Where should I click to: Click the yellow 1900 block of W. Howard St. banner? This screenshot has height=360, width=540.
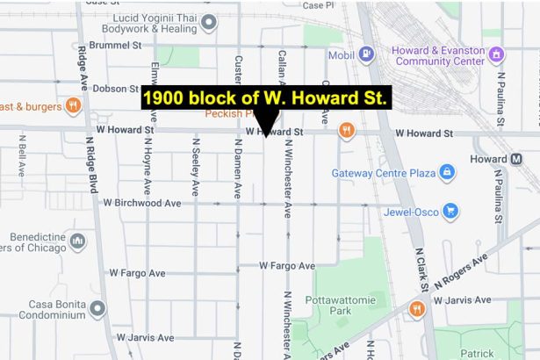pyautogui.click(x=264, y=99)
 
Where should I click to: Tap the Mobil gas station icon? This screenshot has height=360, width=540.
pyautogui.click(x=367, y=55)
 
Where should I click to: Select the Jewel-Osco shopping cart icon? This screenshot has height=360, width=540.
pyautogui.click(x=450, y=212)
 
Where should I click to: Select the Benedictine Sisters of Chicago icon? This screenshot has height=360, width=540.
pyautogui.click(x=77, y=240)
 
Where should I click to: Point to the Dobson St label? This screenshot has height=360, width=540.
pyautogui.click(x=110, y=89)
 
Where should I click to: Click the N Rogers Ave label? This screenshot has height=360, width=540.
pyautogui.click(x=460, y=272)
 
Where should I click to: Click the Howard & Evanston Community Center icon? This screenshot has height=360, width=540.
pyautogui.click(x=498, y=55)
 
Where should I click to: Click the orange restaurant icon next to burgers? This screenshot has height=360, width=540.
pyautogui.click(x=73, y=106)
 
